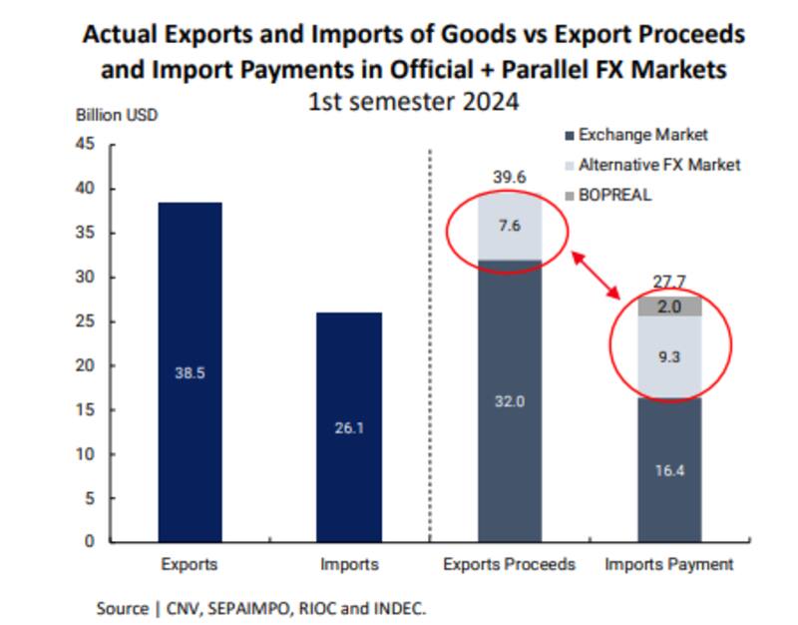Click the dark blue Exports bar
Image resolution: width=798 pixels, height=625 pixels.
click(x=189, y=371)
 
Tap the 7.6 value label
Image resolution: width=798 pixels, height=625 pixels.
click(x=509, y=226)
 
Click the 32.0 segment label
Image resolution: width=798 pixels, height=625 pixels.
click(x=509, y=401)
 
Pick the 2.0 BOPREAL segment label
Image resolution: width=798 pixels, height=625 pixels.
click(x=669, y=308)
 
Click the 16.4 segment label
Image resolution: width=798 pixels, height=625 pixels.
click(x=669, y=469)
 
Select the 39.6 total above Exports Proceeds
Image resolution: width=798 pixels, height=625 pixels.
click(x=509, y=177)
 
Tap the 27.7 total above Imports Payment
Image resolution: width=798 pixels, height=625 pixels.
click(x=669, y=283)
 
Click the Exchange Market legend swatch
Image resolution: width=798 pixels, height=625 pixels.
click(x=570, y=136)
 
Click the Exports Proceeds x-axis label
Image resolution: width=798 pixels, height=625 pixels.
click(x=509, y=565)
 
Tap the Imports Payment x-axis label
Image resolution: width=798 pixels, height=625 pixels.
click(x=669, y=565)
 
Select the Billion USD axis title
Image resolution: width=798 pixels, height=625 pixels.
click(x=117, y=114)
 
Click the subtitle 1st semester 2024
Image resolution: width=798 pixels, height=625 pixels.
click(x=413, y=102)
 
